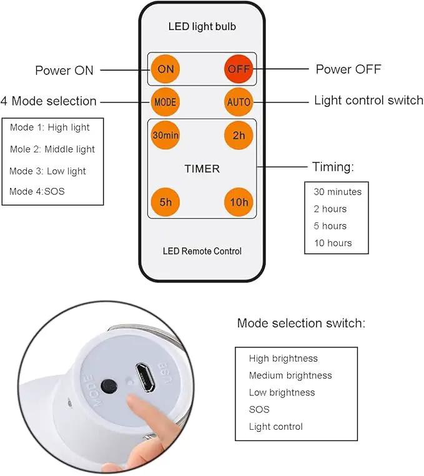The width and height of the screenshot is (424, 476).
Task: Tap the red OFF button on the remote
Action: point(239,69)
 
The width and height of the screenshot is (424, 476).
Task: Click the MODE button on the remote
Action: point(165,102)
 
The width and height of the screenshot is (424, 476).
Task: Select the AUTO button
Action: point(239,102)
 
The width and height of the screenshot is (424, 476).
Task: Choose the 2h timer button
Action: point(239,136)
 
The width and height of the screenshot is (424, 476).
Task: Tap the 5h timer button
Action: point(165,202)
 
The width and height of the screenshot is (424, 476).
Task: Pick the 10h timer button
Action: point(239,202)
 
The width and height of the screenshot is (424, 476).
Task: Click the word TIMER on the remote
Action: point(202,169)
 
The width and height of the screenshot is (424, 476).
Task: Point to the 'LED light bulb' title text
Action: point(202,26)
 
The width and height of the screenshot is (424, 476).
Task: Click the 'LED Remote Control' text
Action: point(202,251)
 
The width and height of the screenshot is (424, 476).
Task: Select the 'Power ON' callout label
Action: point(64,71)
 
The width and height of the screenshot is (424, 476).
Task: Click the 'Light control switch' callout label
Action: point(368,100)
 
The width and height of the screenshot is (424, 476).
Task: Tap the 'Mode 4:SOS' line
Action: point(37,191)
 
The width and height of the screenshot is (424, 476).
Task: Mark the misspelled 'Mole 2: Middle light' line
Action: point(52,149)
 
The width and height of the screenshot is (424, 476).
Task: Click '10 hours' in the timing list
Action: point(333,243)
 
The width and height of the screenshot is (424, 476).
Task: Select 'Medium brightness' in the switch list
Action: point(290,375)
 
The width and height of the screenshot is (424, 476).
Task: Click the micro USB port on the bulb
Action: point(145,377)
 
